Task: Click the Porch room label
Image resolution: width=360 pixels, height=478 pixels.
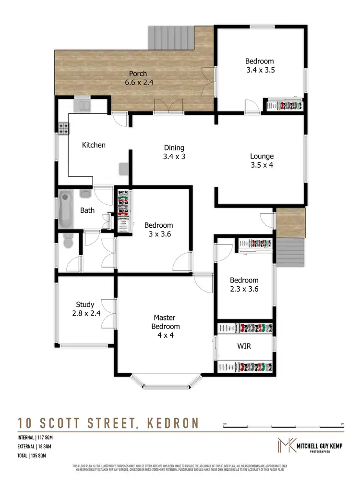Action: pos(138,74)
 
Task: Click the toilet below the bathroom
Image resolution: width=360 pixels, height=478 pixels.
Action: pos(68,242)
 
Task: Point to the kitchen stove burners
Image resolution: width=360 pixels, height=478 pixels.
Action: pos(63,128)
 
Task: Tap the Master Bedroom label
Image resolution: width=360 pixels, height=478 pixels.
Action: pos(164,322)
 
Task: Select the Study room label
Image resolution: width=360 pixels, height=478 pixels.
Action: pos(85,305)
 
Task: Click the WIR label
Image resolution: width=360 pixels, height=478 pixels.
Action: pos(244,346)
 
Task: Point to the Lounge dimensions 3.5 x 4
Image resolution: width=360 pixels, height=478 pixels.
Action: pos(262,165)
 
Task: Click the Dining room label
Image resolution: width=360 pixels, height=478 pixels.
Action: pos(174,148)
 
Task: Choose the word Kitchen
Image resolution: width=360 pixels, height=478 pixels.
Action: pos(94,145)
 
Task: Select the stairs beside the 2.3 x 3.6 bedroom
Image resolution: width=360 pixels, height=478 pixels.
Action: pos(291,252)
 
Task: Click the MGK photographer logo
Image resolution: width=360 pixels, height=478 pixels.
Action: pos(287,445)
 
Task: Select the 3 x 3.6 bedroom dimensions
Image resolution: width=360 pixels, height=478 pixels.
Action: pos(158,234)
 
